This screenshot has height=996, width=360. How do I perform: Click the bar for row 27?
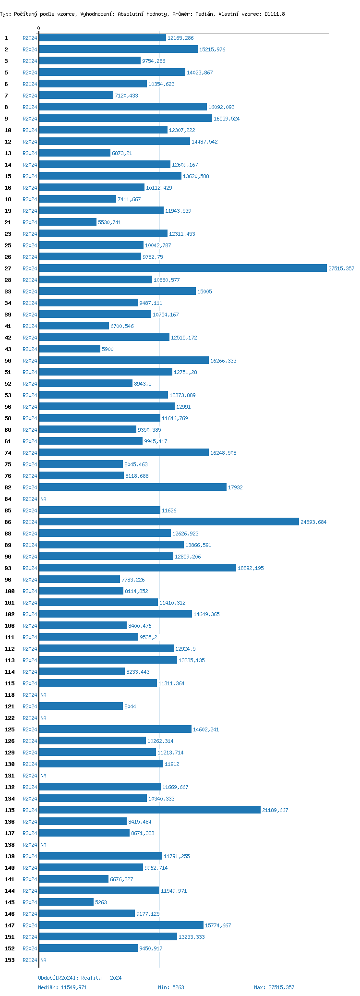pos(182,268)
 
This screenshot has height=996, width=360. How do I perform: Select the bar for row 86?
pos(168,522)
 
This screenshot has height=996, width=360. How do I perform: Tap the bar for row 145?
pos(66,902)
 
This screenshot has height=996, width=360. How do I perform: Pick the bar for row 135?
pos(149,810)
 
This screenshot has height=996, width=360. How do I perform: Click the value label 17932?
pos(235,487)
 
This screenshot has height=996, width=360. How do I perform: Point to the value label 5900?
pos(108,349)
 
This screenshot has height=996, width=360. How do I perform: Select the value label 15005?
pos(204,292)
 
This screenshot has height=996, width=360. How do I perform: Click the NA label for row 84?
pos(43,499)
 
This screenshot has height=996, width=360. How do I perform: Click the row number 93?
pos(8,568)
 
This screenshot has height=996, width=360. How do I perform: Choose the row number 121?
pos(10,706)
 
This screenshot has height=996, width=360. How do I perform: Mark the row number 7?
pos(6,96)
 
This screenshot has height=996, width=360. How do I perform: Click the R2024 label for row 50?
pos(30,361)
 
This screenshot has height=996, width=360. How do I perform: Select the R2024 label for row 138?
pos(30,845)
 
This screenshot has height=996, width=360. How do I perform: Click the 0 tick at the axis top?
pos(39,29)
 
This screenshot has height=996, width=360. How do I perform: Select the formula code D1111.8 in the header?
pos(275,14)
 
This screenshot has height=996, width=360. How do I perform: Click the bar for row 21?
pos(68,222)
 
